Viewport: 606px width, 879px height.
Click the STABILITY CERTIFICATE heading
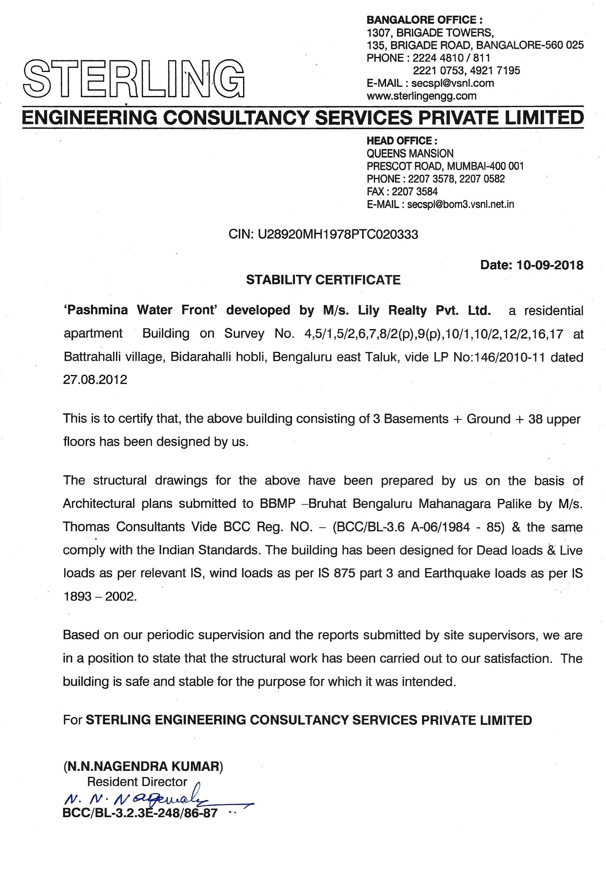323,280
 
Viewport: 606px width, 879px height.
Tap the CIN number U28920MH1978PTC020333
338,234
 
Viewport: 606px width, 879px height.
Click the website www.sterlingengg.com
421,96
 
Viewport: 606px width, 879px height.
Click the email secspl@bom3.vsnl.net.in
460,204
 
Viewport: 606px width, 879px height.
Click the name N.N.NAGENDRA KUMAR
143,766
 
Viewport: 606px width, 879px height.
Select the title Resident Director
137,782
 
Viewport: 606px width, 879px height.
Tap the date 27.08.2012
95,379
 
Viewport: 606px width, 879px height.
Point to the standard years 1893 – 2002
100,596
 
